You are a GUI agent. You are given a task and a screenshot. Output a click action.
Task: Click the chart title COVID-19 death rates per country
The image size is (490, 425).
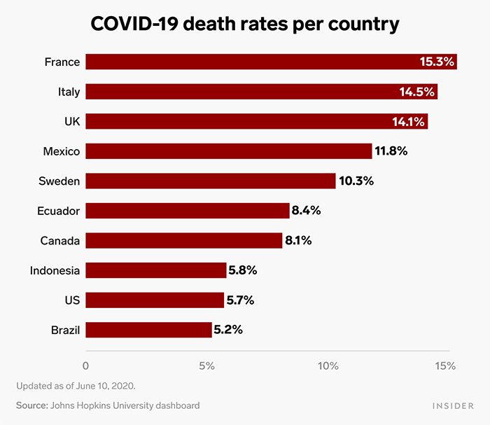[245, 24]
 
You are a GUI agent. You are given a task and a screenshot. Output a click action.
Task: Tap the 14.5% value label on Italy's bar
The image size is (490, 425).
[417, 92]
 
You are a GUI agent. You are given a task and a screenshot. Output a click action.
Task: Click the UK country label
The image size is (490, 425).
[72, 122]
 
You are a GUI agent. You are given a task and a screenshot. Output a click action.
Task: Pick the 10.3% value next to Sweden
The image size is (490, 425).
[356, 181]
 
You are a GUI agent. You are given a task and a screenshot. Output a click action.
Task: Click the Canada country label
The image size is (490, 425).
[60, 241]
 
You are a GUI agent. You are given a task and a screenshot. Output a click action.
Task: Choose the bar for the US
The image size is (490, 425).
[155, 300]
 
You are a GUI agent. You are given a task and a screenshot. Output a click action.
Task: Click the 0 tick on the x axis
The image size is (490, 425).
[85, 365]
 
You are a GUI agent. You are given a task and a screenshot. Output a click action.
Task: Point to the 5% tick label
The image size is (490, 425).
[206, 365]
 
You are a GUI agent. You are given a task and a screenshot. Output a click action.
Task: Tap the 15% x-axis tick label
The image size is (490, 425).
[445, 365]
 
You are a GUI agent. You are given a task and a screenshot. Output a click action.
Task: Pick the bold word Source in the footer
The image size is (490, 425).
[32, 405]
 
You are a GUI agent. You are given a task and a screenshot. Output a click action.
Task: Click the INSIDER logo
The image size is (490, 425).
[451, 405]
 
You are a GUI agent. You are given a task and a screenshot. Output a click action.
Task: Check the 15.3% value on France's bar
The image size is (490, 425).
[437, 62]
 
